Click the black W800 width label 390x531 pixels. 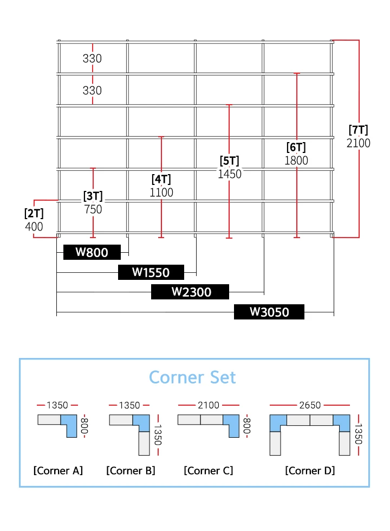point(92,252)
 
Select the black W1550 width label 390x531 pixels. point(151,272)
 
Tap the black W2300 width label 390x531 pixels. point(190,292)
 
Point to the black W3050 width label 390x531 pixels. point(269,312)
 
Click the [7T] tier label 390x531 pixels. point(358,130)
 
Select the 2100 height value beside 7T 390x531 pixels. point(358,143)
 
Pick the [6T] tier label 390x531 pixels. point(296,147)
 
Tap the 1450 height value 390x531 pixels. point(230,174)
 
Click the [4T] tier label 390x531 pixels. point(161,180)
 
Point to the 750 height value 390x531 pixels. point(93,209)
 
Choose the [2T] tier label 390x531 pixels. point(34,213)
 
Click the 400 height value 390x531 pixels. point(34,227)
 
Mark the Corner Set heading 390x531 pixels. point(192,377)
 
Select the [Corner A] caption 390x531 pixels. point(58,470)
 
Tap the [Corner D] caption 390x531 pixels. point(310,470)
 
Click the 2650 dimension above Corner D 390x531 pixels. point(310,405)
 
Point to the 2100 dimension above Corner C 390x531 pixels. point(209,405)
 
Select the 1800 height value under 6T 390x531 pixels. point(296,161)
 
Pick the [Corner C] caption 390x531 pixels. point(209,470)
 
